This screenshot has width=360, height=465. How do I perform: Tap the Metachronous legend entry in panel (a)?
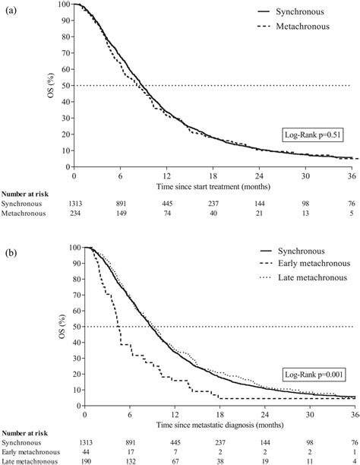[304, 27]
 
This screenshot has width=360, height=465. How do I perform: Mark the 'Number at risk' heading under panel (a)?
[27, 194]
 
